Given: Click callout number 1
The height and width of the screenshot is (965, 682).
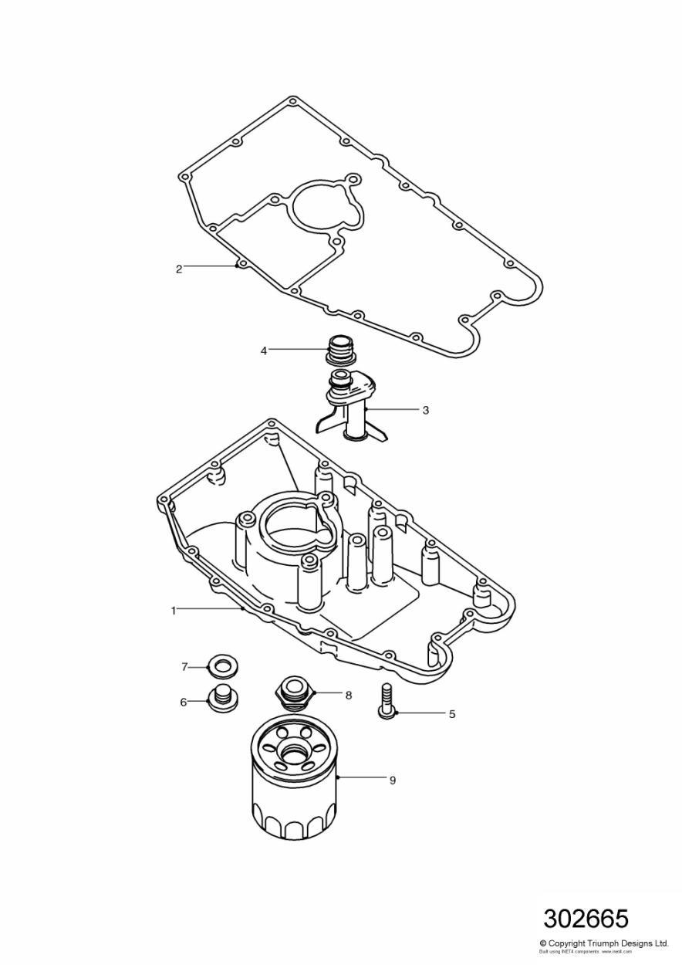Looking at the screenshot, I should pyautogui.click(x=174, y=610).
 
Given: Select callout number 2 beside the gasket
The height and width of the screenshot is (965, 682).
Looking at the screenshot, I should pyautogui.click(x=179, y=269).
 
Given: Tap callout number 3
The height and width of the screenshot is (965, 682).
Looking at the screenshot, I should pyautogui.click(x=425, y=410).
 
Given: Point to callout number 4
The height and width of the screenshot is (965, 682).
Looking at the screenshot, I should pyautogui.click(x=264, y=350).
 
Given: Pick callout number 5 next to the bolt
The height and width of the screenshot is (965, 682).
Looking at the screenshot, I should pyautogui.click(x=452, y=714).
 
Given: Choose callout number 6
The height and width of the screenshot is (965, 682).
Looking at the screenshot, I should pyautogui.click(x=184, y=702).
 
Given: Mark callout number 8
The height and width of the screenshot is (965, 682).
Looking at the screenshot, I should pyautogui.click(x=349, y=695).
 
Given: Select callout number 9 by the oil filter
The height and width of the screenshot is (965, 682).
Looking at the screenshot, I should pyautogui.click(x=392, y=780).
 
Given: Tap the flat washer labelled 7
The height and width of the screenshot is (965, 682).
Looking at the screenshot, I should pyautogui.click(x=222, y=665).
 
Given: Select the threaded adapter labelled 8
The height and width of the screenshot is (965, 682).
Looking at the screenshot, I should pyautogui.click(x=294, y=689).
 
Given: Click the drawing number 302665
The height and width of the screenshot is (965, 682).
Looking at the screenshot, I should pyautogui.click(x=586, y=919).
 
